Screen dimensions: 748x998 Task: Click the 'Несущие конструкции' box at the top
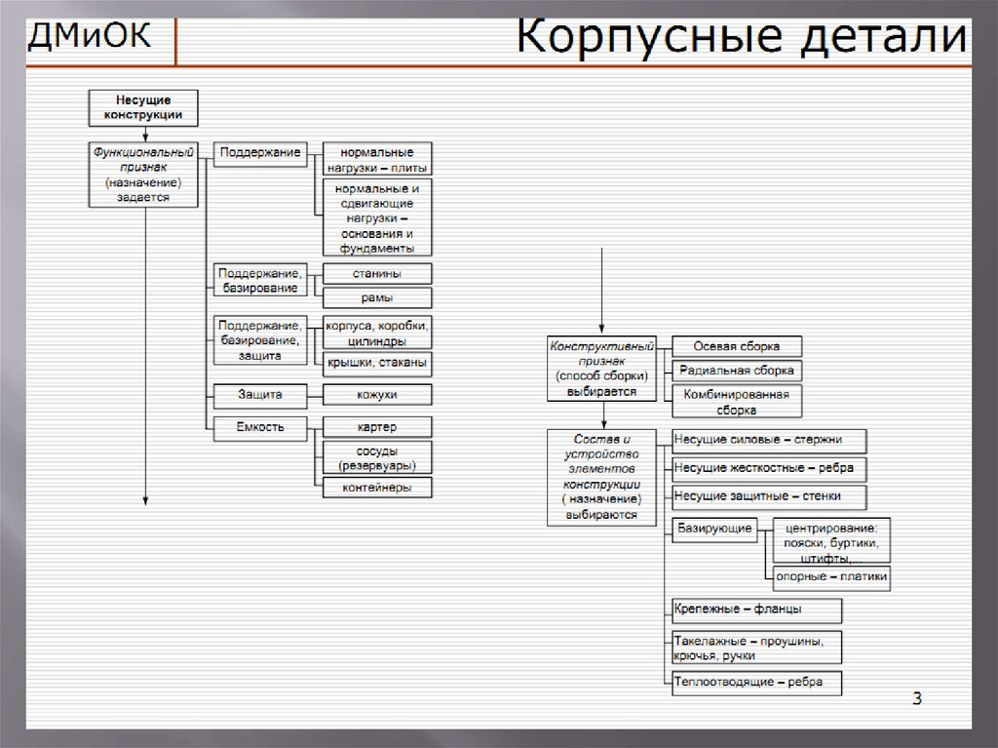coord(143,107)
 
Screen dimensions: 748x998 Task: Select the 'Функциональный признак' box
coord(143,175)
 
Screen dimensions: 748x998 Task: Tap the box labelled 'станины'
coord(377,274)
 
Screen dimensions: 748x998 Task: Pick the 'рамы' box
coord(377,298)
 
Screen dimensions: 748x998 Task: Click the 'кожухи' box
coord(377,395)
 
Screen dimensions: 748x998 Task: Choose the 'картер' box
coord(377,427)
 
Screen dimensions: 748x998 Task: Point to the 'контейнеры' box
coord(377,487)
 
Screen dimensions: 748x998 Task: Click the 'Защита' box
coord(260,395)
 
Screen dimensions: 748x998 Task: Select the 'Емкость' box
coord(260,427)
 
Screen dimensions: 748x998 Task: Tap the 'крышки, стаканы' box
coord(377,364)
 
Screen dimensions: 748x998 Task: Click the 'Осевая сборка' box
coord(737,347)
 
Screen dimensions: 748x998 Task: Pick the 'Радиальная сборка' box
coord(737,371)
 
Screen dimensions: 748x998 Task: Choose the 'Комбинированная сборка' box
coord(737,402)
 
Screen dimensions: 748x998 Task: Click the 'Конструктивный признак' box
coord(602,369)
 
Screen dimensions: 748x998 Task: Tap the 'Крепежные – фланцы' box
coord(756,610)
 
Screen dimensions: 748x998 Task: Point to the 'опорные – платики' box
coord(831,576)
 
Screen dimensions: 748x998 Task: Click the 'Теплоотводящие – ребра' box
coord(756,683)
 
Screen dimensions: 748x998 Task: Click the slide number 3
coord(917,698)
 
